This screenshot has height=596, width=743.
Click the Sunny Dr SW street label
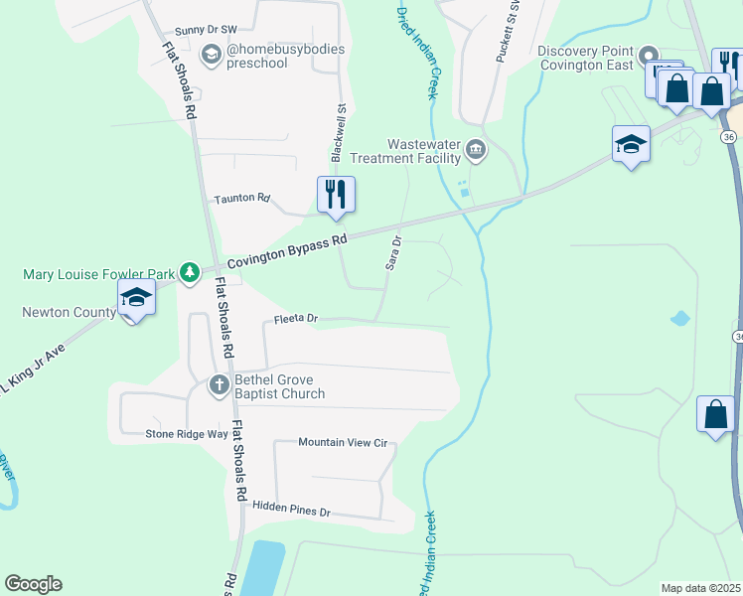coord(207,31)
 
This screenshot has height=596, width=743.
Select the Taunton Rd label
coord(242,199)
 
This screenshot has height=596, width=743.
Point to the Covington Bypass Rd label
coord(287,252)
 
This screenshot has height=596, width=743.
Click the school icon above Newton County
coord(135,296)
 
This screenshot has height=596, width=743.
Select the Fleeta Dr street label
coord(295,319)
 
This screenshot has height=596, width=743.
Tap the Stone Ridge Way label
coord(187,434)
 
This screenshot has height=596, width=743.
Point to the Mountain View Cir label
coord(342,442)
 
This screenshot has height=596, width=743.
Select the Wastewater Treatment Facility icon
coord(476,150)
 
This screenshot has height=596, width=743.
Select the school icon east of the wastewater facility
coord(631,144)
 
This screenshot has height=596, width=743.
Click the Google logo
coord(33,584)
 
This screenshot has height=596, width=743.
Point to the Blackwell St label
coord(338,132)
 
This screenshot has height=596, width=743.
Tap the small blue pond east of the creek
coord(680,319)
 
